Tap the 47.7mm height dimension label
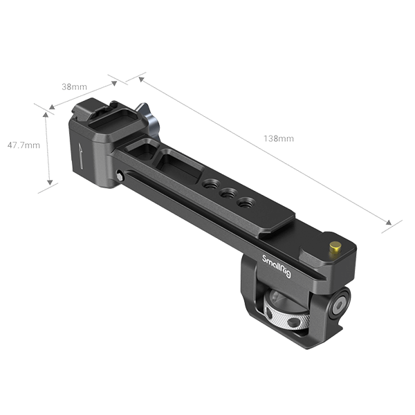pos(23,146)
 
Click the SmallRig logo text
pos(275,269)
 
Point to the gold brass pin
pos(335,247)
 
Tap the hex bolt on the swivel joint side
pos(342,302)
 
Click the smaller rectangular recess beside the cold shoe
pos(147,147)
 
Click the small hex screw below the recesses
pos(122,177)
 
